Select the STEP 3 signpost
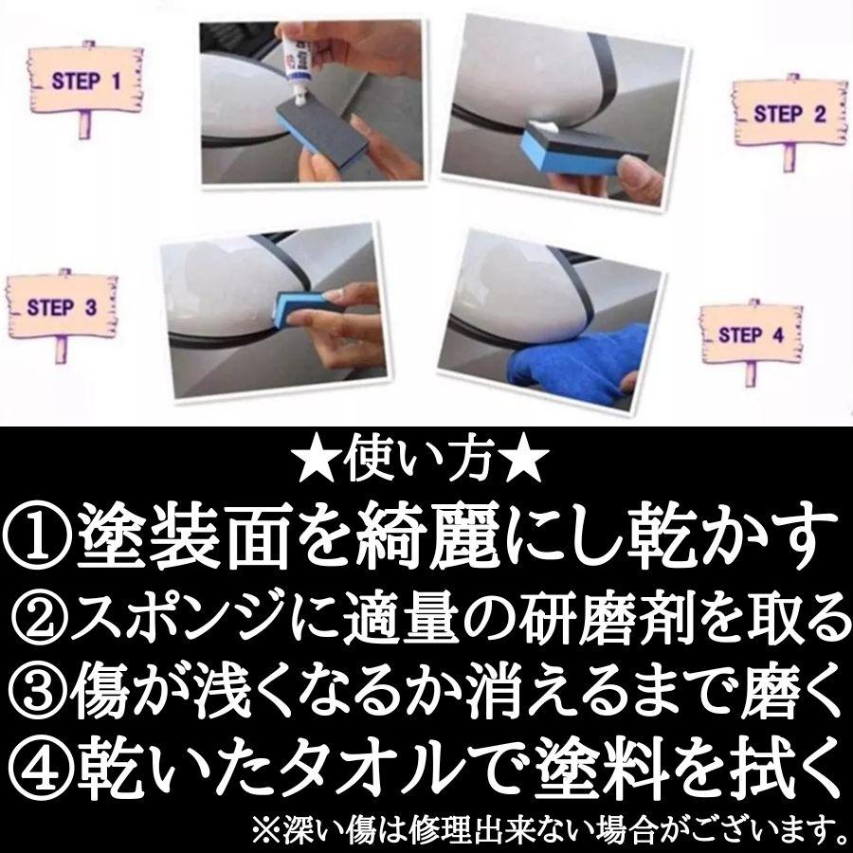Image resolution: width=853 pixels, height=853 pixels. pos(62,308)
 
